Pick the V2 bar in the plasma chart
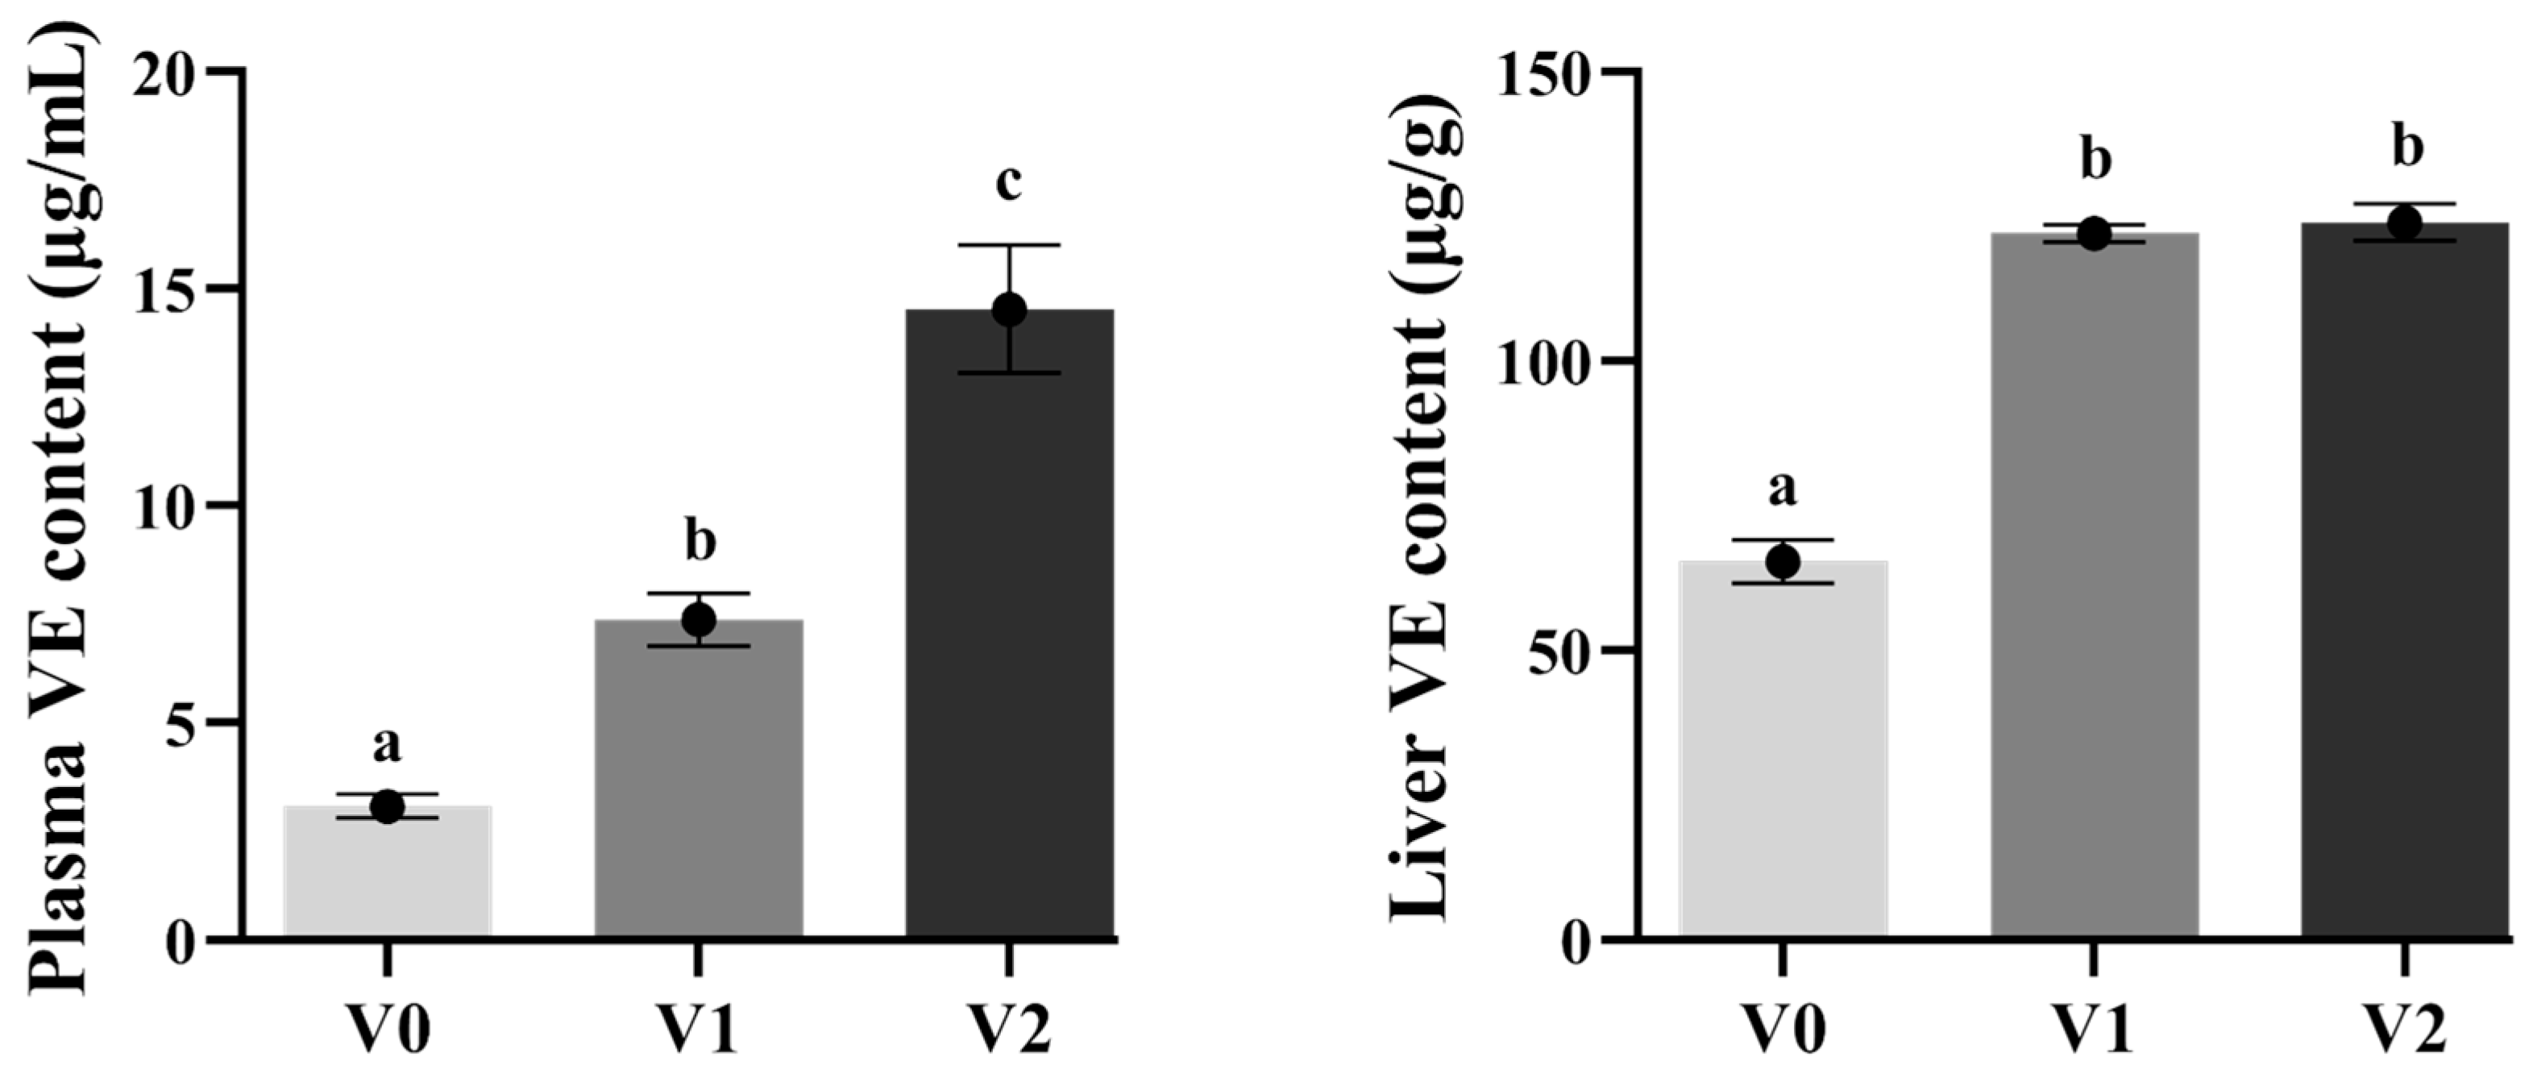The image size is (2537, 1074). click(1010, 631)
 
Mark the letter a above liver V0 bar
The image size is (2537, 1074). click(1783, 489)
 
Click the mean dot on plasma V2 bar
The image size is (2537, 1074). click(1010, 310)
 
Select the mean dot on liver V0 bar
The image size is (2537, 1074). click(1783, 563)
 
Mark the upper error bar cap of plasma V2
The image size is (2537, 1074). click(1010, 244)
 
